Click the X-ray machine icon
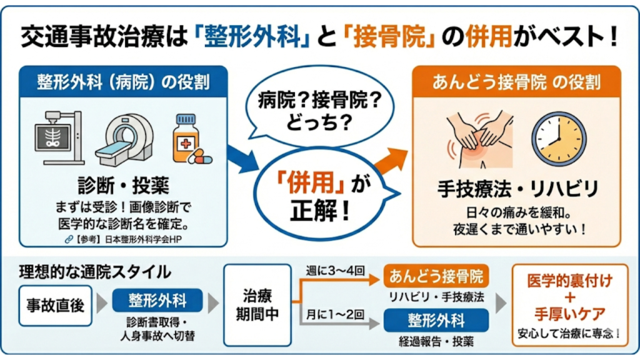click(59, 137)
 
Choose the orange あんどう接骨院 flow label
click(436, 276)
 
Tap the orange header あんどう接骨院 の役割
click(516, 82)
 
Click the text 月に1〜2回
click(334, 311)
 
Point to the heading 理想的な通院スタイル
click(94, 272)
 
